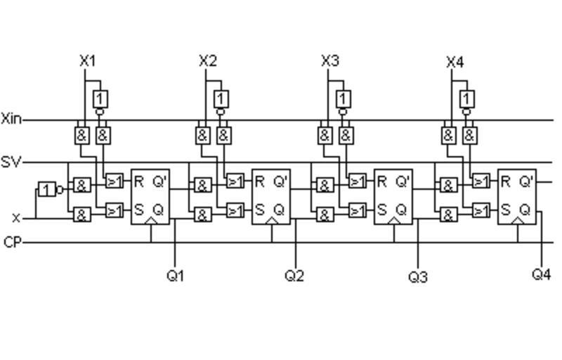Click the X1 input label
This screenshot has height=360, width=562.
(87, 61)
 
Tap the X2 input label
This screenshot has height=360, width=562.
(208, 61)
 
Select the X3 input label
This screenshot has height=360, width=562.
(330, 61)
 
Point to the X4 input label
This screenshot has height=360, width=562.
(455, 63)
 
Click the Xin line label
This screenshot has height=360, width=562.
(11, 119)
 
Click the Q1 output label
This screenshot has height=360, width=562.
(175, 276)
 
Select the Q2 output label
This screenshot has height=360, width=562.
(294, 276)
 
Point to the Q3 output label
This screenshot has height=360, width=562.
(418, 277)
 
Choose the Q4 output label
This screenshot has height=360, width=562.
(541, 274)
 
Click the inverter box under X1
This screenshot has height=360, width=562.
(101, 98)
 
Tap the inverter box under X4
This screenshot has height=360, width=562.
(467, 98)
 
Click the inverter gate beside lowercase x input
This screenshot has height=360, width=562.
(46, 189)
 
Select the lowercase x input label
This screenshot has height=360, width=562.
(16, 218)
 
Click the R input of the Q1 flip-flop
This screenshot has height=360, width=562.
(139, 182)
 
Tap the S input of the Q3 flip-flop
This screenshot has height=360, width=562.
(382, 210)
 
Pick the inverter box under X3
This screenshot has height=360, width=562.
(344, 98)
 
